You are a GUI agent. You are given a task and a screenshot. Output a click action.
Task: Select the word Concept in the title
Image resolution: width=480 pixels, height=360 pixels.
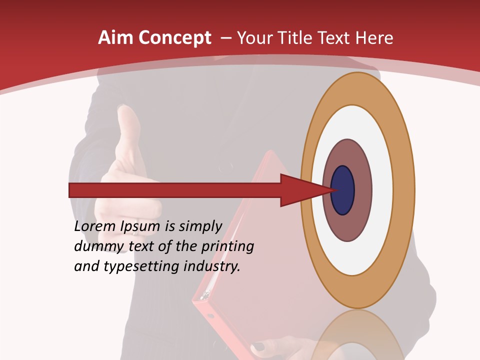[x=174, y=38]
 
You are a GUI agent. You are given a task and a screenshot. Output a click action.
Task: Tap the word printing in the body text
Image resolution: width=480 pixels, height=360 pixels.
[x=227, y=246]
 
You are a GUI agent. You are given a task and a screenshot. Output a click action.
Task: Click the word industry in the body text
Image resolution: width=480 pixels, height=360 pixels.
[x=212, y=266]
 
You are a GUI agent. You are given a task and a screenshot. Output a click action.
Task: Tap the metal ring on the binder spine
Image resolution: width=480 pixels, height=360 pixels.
[x=203, y=297]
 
